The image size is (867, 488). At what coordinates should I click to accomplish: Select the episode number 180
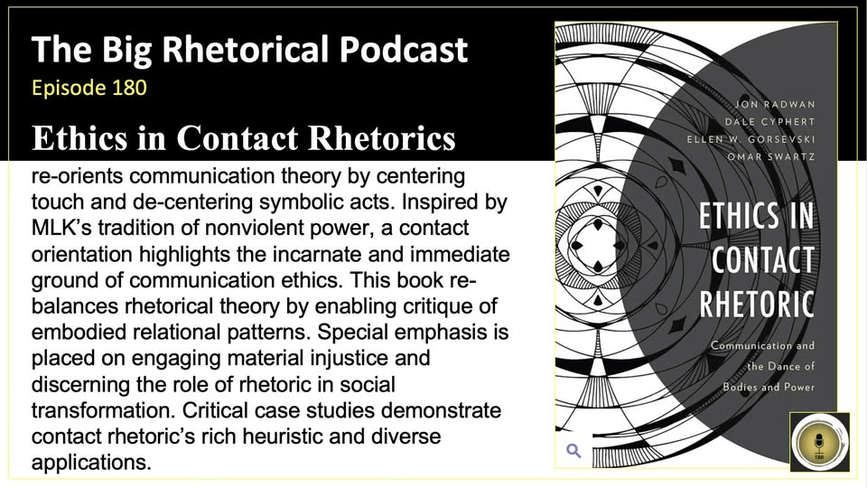pos(126,89)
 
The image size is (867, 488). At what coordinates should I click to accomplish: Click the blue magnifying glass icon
pos(573,450)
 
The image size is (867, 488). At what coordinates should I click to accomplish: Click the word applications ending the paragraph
pos(88,462)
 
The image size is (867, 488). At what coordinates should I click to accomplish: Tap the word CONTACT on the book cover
pos(762,258)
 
